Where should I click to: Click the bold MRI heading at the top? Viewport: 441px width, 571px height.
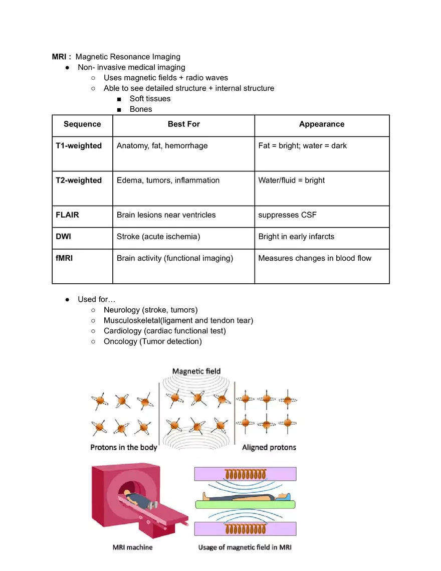(x=61, y=57)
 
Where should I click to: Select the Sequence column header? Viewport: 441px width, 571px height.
(x=82, y=124)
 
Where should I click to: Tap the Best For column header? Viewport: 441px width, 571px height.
(x=183, y=124)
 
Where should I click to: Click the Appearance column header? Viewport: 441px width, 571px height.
(x=322, y=124)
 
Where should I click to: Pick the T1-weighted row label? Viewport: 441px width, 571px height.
(x=79, y=146)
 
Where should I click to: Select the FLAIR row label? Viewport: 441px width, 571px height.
(x=67, y=215)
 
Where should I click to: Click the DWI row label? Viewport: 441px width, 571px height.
(x=63, y=237)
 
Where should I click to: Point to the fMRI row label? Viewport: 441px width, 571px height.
(x=64, y=258)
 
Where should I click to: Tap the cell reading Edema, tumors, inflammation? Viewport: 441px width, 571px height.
(x=168, y=180)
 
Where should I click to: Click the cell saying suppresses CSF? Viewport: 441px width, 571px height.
(x=287, y=215)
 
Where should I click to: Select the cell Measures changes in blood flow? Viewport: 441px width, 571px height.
(x=315, y=258)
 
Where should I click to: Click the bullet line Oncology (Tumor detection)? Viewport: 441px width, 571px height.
(x=152, y=341)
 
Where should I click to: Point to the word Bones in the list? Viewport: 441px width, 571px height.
(x=141, y=109)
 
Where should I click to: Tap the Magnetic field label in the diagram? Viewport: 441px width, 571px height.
(x=196, y=371)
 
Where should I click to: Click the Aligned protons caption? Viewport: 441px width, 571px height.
(x=269, y=447)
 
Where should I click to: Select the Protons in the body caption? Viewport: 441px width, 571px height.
(x=124, y=447)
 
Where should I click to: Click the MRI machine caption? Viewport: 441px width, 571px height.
(x=132, y=547)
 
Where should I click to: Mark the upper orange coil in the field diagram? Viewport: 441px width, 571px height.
(x=245, y=474)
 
